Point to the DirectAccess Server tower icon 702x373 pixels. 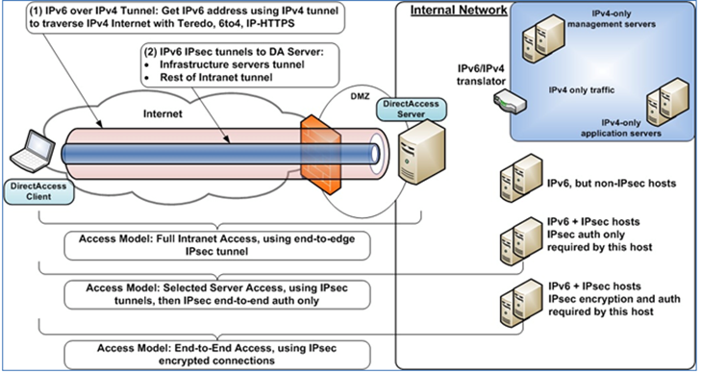(x=420, y=162)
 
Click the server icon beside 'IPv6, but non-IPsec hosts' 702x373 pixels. (x=512, y=182)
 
